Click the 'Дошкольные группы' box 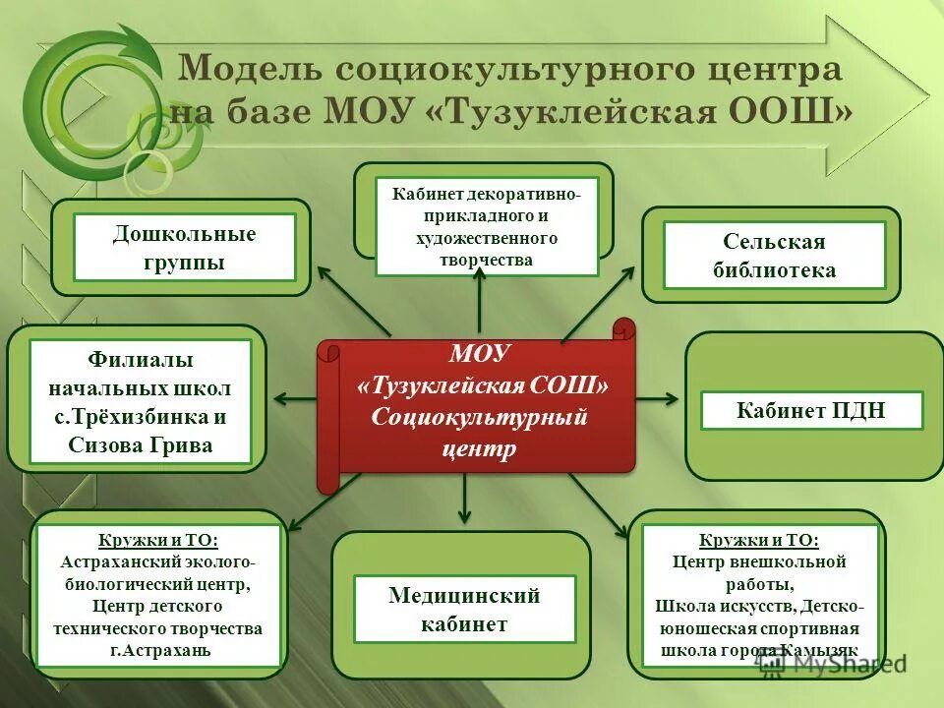(x=184, y=248)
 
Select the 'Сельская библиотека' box (x=774, y=256)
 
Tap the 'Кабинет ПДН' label (x=811, y=411)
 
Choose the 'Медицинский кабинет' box (x=464, y=609)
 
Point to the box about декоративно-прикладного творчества (x=487, y=226)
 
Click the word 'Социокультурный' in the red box (x=479, y=417)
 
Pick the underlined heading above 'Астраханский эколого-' (x=159, y=541)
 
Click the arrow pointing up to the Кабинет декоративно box (x=479, y=300)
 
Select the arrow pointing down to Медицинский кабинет (x=465, y=501)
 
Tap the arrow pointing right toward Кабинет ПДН (x=657, y=399)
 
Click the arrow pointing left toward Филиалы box (x=293, y=399)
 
